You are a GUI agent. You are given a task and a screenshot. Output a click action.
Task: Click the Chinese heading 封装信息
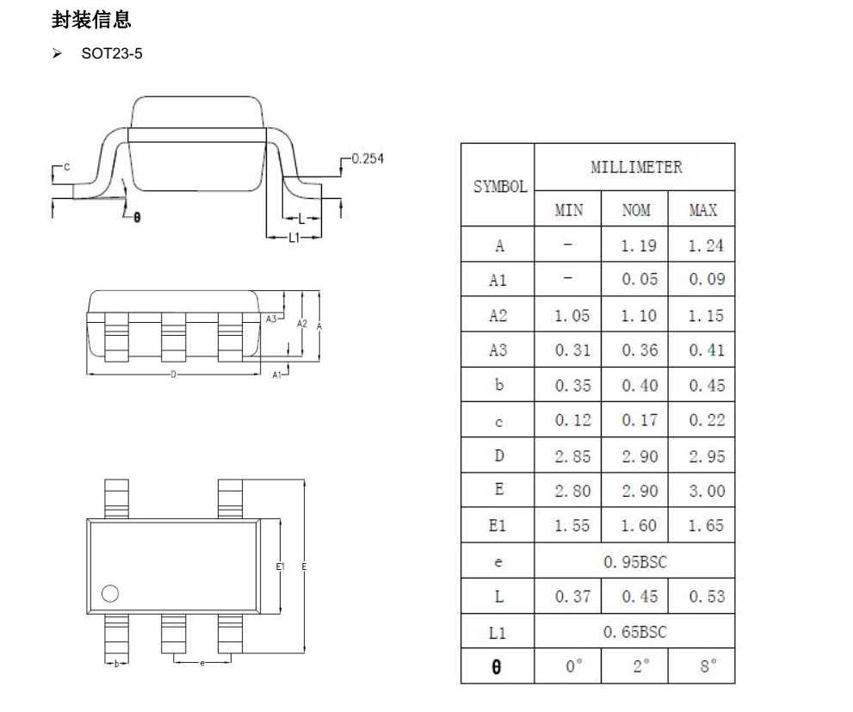pos(91,19)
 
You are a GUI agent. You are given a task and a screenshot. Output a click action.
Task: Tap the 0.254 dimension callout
pos(367,158)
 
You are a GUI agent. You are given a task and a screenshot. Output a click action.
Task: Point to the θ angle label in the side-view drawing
pos(136,217)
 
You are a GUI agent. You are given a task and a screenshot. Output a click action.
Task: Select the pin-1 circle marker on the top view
pos(109,593)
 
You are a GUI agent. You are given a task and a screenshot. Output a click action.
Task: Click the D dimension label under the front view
pos(173,375)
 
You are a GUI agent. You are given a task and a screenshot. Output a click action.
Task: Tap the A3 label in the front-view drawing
pos(272,318)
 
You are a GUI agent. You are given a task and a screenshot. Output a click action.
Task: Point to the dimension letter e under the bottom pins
pos(202,663)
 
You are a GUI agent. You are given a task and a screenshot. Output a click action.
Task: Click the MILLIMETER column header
pos(635,167)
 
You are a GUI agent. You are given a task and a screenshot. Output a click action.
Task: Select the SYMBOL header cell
pos(498,186)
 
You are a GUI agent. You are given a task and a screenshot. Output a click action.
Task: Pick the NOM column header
pos(635,210)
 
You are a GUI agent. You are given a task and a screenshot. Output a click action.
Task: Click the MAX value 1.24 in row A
pos(705,246)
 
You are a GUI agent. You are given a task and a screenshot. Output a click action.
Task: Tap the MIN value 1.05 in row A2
pos(567,316)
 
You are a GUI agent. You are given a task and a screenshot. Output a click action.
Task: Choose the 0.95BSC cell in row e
pos(635,562)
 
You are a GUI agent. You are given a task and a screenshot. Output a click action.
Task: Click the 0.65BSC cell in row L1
pos(635,632)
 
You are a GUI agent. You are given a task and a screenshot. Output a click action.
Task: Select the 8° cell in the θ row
pos(705,666)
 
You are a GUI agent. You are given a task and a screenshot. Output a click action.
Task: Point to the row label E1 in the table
pos(498,526)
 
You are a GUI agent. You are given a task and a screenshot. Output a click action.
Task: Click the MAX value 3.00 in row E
pos(705,491)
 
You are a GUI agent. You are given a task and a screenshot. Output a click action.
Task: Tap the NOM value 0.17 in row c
pos(636,421)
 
